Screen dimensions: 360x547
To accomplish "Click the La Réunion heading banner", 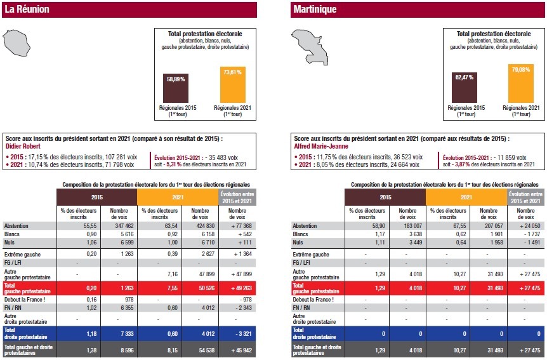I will (129, 10).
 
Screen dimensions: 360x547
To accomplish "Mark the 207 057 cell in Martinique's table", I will (486, 225).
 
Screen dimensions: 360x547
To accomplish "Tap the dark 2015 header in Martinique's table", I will (385, 197).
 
